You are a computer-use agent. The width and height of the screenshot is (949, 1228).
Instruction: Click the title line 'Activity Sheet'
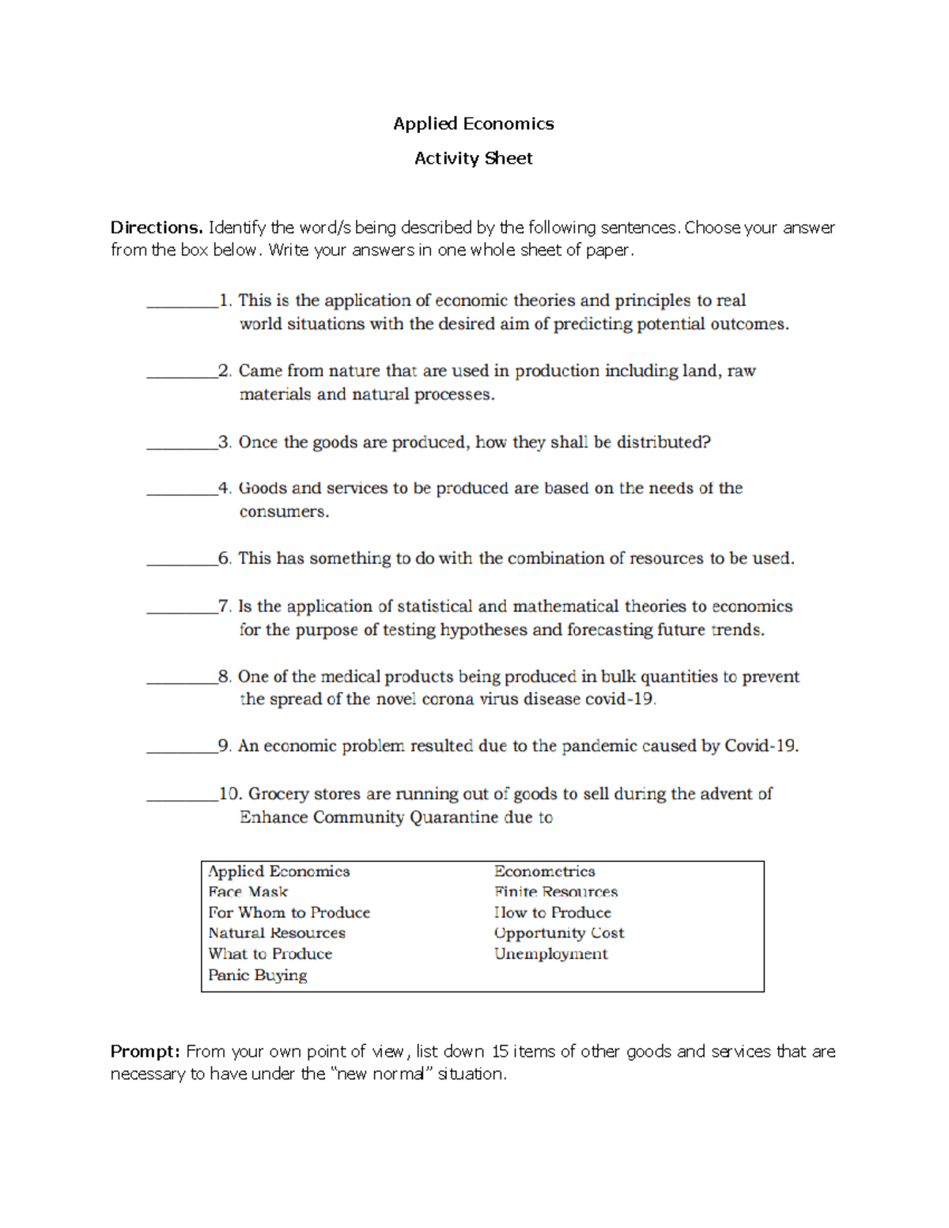click(473, 158)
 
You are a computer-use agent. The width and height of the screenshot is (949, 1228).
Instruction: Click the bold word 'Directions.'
click(157, 228)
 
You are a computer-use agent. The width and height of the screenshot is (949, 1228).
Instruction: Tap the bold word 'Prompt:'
click(146, 1052)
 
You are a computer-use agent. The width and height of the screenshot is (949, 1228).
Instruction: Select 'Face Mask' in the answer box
click(248, 892)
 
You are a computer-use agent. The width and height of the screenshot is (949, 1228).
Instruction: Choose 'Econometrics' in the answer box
click(544, 871)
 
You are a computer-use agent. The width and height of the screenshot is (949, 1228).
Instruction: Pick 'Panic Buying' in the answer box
click(258, 975)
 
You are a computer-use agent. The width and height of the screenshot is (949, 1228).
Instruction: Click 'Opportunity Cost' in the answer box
click(559, 933)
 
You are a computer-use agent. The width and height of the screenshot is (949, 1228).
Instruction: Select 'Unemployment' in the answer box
click(551, 954)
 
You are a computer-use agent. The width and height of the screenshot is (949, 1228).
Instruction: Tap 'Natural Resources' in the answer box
click(277, 933)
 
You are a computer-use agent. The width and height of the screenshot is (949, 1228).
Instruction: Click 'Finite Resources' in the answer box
click(556, 892)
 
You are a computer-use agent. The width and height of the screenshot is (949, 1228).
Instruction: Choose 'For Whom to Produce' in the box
click(289, 912)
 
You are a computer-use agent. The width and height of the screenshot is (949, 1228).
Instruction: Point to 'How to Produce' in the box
click(553, 912)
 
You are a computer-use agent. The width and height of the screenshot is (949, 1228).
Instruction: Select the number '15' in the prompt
click(500, 1052)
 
